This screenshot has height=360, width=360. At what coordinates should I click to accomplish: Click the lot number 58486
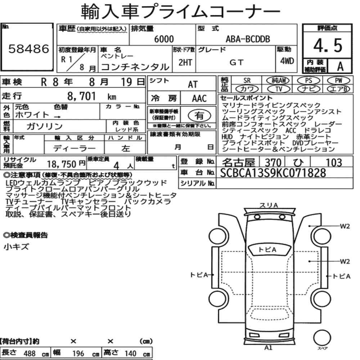coord(29,49)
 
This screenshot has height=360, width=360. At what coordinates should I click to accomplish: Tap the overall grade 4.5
coord(328,45)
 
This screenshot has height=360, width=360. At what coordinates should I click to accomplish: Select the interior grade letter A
coord(340,67)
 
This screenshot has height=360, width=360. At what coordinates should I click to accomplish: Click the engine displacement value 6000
coord(164,39)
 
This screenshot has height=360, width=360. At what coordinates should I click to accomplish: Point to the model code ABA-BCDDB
coord(248,39)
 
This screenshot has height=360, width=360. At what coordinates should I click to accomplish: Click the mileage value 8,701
coord(81,96)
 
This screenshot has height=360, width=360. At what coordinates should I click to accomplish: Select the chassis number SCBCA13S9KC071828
coord(273,173)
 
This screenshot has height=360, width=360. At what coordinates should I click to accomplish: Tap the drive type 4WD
coord(287,61)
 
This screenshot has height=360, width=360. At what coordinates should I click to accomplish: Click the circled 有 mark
coord(199,116)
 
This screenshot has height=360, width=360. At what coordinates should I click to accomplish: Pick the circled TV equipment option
coord(279,89)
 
